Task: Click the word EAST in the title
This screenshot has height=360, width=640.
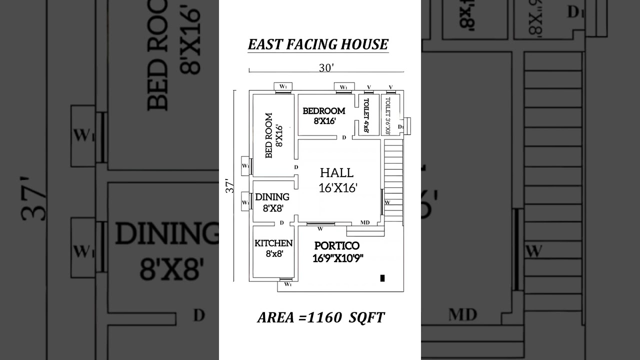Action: pyautogui.click(x=265, y=44)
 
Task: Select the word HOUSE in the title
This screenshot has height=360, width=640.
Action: pyautogui.click(x=366, y=44)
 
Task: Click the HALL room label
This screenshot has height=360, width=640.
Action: pyautogui.click(x=336, y=173)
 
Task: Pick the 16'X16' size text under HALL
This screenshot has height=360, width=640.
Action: pyautogui.click(x=337, y=187)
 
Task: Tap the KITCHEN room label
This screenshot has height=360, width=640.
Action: pyautogui.click(x=273, y=243)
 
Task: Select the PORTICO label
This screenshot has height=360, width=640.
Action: pyautogui.click(x=336, y=245)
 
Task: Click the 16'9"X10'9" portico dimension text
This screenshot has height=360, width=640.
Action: pyautogui.click(x=337, y=258)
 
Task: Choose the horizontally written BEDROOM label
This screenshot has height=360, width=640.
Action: pyautogui.click(x=323, y=111)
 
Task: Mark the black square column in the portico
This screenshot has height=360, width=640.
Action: pyautogui.click(x=382, y=278)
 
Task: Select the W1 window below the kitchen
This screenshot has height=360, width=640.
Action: pyautogui.click(x=287, y=284)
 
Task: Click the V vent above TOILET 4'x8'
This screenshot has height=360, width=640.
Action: pyautogui.click(x=368, y=87)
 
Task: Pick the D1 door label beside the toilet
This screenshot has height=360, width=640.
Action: pyautogui.click(x=400, y=127)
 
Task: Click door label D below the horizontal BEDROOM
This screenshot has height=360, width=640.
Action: pyautogui.click(x=344, y=137)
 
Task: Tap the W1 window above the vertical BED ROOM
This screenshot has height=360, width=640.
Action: pyautogui.click(x=283, y=86)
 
